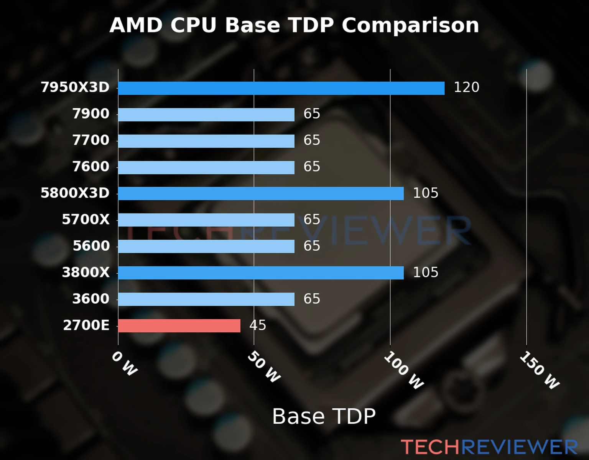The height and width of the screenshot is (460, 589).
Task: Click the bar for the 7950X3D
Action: (281, 88)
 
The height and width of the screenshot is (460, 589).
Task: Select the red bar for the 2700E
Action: (179, 326)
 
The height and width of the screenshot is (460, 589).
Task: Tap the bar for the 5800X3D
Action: (261, 194)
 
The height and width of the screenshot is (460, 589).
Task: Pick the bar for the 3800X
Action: (261, 273)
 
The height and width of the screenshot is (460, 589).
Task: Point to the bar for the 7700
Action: (206, 141)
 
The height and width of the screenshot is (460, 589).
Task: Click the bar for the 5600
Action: (206, 246)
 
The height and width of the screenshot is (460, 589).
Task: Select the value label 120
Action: (466, 87)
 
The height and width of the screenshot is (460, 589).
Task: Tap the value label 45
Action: (258, 325)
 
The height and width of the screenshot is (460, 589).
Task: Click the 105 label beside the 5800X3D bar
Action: (425, 193)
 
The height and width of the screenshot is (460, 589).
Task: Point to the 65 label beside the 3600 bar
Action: (312, 299)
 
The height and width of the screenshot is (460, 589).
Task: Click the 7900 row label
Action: (91, 114)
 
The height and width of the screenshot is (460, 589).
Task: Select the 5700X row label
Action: (86, 220)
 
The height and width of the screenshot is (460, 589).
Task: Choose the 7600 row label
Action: (91, 167)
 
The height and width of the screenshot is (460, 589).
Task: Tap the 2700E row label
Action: (86, 325)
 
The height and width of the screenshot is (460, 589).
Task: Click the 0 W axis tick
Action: (124, 363)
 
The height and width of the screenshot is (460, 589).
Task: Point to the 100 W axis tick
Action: (404, 370)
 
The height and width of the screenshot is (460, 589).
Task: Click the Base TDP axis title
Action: (324, 416)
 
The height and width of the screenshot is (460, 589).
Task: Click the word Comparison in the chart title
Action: (410, 26)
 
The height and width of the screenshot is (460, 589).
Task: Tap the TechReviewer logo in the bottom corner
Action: (489, 447)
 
